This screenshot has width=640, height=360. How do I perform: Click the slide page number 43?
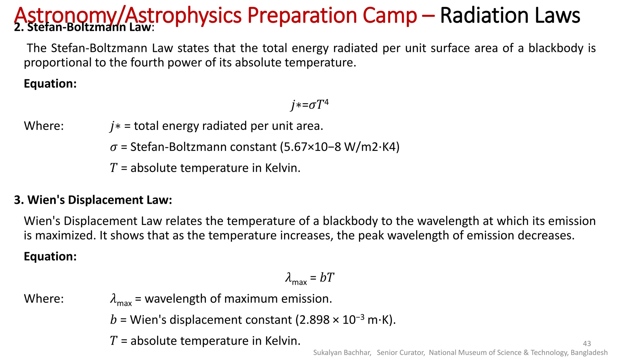[x=587, y=343]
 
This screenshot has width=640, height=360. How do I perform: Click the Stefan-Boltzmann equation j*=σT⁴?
[x=310, y=105]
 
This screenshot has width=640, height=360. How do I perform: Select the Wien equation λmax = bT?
[x=310, y=278]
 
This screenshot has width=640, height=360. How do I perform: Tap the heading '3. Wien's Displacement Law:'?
[x=93, y=200]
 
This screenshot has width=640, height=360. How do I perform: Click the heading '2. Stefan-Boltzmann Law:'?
[x=84, y=27]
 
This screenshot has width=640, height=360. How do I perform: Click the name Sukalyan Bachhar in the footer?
[x=342, y=353]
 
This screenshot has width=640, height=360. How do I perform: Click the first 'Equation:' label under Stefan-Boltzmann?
[x=50, y=84]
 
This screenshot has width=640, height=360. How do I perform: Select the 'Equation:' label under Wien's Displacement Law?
[x=50, y=257]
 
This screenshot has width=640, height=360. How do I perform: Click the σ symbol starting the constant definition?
[x=113, y=147]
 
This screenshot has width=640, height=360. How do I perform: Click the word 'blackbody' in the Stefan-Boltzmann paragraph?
[x=556, y=48]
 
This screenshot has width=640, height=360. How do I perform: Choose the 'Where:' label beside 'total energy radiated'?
[x=44, y=126]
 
